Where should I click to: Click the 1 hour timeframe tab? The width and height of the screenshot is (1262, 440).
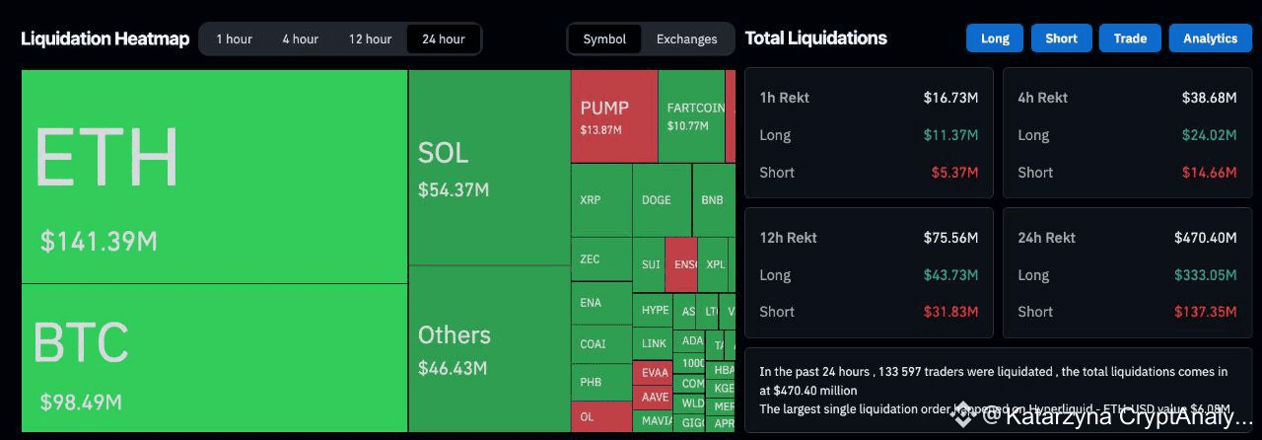[235, 39]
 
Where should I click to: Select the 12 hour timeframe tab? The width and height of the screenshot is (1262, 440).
[370, 39]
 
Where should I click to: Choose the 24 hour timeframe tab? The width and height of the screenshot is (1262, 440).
[444, 39]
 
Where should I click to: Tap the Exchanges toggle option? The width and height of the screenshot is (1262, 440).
[687, 39]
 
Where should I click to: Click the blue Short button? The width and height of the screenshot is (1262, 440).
[1061, 38]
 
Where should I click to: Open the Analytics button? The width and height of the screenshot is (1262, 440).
[1210, 38]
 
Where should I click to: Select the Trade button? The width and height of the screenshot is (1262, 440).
[1130, 38]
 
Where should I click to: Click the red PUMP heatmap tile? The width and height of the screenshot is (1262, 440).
[614, 116]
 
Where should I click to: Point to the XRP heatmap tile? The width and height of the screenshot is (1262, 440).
[600, 200]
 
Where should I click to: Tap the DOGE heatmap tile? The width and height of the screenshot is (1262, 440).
[661, 200]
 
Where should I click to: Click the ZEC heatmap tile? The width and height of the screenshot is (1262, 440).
[600, 259]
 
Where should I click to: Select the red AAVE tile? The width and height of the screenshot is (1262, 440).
[655, 397]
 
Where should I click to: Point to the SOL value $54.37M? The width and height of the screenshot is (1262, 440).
[454, 189]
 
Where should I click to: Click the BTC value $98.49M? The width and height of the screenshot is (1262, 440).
[81, 403]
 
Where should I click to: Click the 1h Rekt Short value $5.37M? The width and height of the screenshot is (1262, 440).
[954, 173]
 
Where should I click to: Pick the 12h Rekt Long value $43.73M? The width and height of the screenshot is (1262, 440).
[950, 275]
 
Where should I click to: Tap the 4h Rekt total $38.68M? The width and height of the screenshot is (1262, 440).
[1209, 98]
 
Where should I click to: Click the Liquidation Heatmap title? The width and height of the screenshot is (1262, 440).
[105, 39]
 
